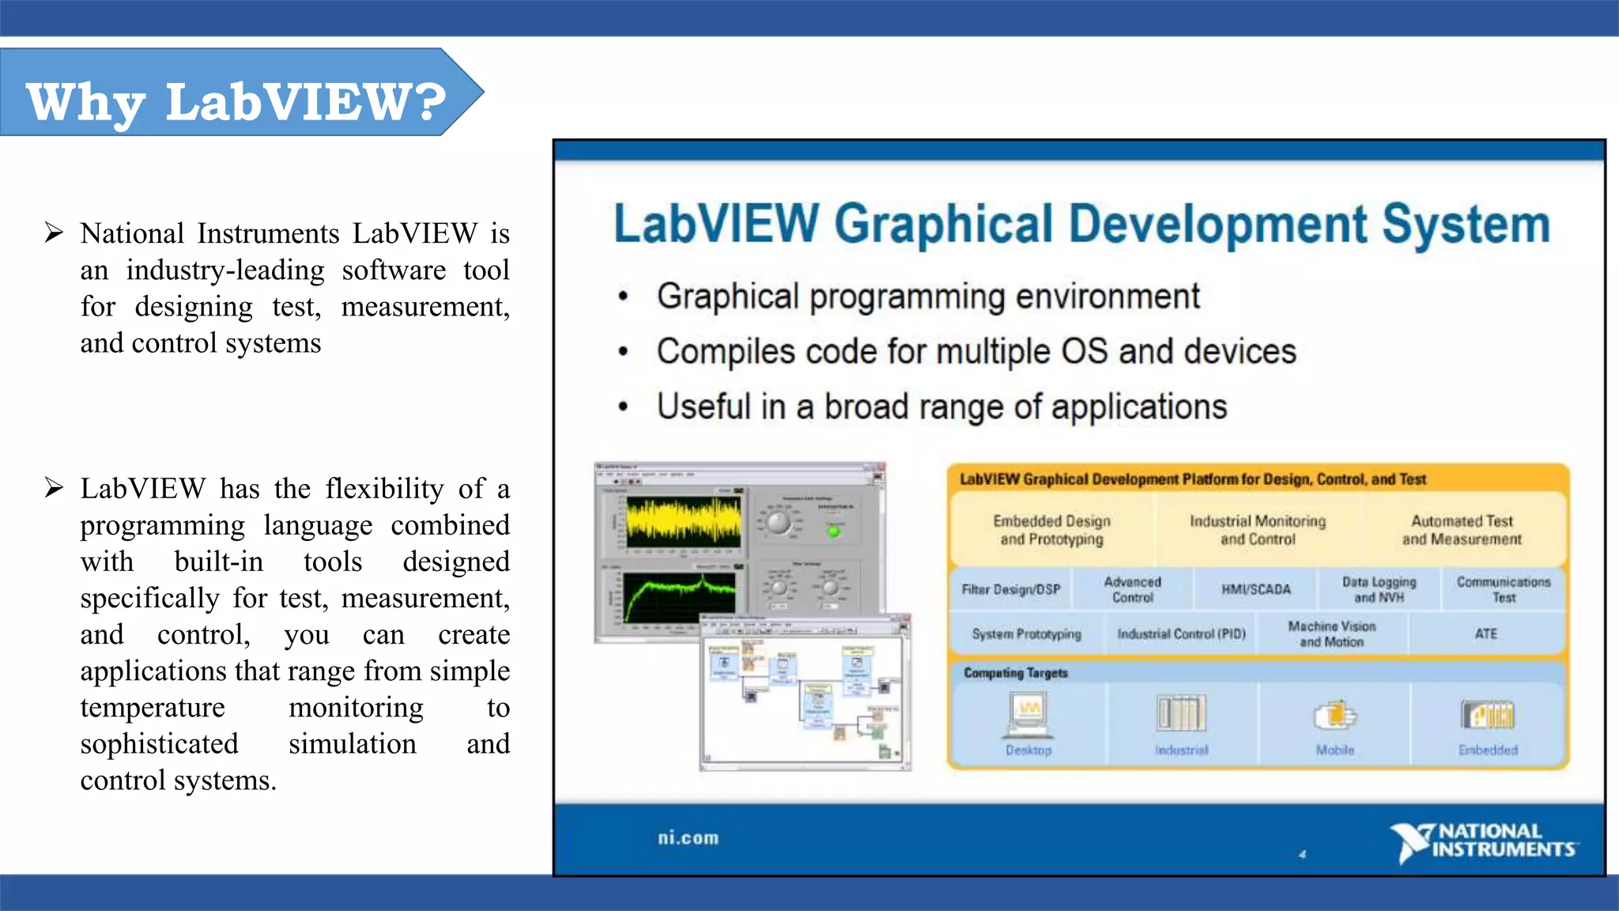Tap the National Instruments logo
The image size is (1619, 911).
[x=1483, y=841]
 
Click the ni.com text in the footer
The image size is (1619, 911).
[x=688, y=838]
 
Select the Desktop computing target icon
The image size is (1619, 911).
[x=1028, y=713]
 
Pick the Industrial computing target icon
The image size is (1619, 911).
[x=1181, y=713]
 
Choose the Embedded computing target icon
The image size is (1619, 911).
[x=1487, y=715]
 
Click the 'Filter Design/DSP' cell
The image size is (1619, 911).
[x=1010, y=589]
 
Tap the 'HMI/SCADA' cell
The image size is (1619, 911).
[x=1255, y=589]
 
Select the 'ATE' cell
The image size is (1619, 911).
[x=1485, y=633]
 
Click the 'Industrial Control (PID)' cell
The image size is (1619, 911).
[x=1181, y=633]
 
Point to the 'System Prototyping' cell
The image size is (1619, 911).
[x=1026, y=633]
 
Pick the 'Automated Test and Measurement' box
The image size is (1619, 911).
[x=1462, y=530]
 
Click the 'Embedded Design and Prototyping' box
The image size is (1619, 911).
[x=1051, y=530]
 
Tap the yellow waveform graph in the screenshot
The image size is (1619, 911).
[x=683, y=522]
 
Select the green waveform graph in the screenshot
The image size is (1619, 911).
[x=680, y=597]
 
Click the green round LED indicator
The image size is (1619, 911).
[x=833, y=531]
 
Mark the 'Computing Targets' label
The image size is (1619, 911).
[x=1015, y=673]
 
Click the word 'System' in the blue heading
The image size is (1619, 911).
[x=1466, y=225]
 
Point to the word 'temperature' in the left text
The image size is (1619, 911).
[x=153, y=707]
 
